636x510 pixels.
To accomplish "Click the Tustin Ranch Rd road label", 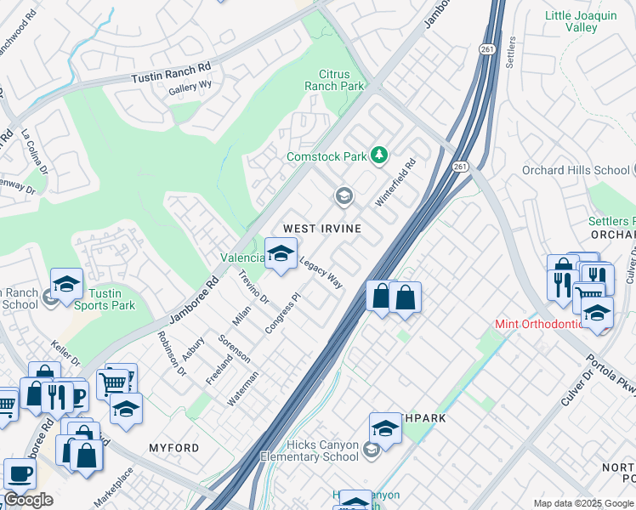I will (170, 72).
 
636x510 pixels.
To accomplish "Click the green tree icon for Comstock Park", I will (378, 156).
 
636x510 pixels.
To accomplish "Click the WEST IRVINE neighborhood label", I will (322, 229).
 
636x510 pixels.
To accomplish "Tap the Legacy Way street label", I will (321, 273).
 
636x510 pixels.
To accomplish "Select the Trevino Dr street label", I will (253, 287).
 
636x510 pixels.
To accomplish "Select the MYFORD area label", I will (173, 448).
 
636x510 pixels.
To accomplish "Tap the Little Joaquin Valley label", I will (581, 20).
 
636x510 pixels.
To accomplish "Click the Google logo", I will (28, 500).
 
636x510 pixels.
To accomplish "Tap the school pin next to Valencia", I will (281, 252).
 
